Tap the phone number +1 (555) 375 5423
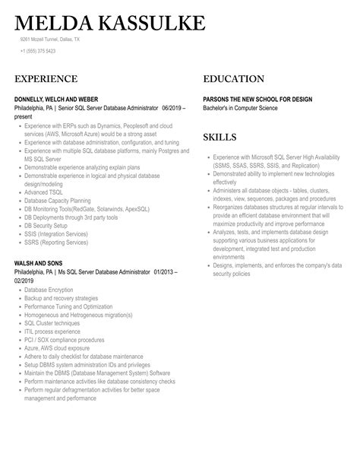coord(37,51)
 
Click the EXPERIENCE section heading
coord(46,79)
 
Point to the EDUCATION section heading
coord(234,79)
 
